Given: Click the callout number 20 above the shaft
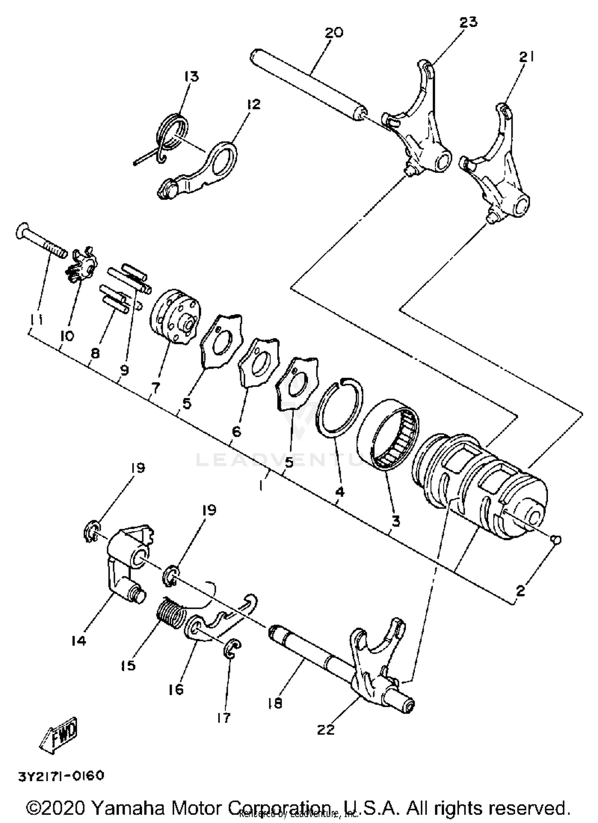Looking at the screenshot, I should pos(334,33).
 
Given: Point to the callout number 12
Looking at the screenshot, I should pos(253,105).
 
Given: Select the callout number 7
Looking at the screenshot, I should pos(155,387).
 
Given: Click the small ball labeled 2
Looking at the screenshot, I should pos(557,540).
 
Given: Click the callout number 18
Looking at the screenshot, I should pos(275,703).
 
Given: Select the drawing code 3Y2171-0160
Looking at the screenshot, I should pos(61,776).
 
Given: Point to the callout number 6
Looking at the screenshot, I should pos(236,431).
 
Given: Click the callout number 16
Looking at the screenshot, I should pos(176,689).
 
